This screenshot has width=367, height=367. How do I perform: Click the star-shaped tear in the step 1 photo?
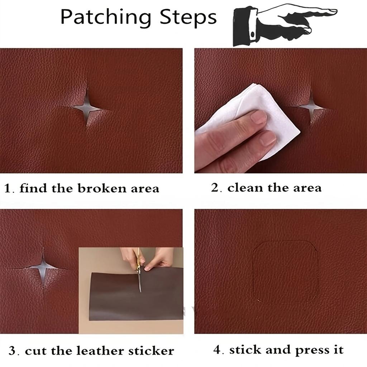tap(87, 106)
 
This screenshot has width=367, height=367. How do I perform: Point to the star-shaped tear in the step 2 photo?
tap(311, 106)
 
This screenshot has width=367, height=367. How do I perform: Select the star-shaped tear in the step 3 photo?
tap(43, 268)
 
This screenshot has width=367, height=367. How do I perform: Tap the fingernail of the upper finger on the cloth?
tap(259, 117)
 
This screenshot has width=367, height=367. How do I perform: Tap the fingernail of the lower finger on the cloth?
tap(268, 138)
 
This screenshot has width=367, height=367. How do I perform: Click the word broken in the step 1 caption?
tap(97, 189)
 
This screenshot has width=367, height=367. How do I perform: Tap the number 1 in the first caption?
tap(8, 189)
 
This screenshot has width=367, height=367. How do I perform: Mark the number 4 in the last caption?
tap(217, 350)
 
